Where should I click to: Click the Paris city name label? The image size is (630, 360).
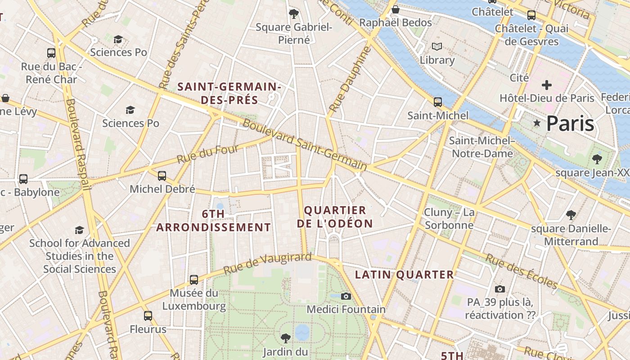570,124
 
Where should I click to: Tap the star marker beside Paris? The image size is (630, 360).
536,123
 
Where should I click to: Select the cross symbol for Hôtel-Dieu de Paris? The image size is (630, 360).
546,85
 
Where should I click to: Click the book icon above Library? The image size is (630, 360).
436,46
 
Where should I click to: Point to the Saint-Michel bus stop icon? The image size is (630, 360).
437,102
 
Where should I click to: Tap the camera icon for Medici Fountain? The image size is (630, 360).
346,296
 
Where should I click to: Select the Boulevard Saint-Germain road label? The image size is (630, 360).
305,144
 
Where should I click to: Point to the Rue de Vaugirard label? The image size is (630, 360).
267,264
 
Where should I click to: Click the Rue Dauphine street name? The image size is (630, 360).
345,80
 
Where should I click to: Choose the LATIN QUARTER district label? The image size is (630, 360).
405,274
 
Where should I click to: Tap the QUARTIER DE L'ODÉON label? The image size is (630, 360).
335,217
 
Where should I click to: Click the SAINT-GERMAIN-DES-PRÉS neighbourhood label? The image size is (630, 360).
229,93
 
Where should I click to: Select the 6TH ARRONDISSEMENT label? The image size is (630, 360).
213,220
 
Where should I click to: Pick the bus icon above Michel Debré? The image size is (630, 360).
162,175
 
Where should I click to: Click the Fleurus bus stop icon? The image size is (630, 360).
148,316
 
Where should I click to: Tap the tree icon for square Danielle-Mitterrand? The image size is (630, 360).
571,215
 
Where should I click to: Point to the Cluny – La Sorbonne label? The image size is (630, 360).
449,219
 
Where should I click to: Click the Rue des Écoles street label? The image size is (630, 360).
521,271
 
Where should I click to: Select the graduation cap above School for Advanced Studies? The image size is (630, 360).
80,230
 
